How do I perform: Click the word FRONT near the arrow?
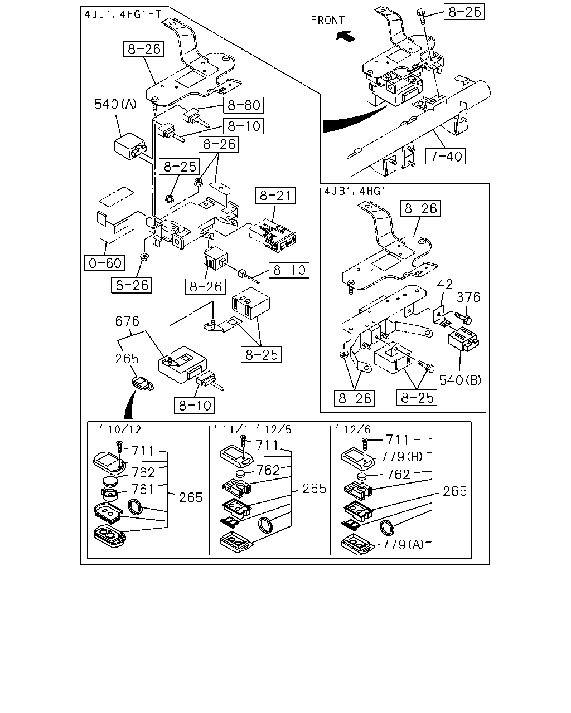(x=327, y=21)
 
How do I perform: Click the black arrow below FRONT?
(x=345, y=36)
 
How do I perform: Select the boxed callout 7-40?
(x=445, y=157)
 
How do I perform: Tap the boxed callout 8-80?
(x=244, y=105)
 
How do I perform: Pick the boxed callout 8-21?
(x=275, y=196)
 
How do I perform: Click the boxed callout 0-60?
(x=105, y=263)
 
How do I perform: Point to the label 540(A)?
(x=115, y=104)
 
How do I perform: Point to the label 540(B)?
(x=460, y=380)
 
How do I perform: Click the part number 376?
(x=468, y=297)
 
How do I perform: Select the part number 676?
(x=127, y=321)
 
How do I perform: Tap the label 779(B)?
(x=401, y=457)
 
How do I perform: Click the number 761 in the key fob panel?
(x=143, y=490)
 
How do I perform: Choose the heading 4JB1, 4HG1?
(x=355, y=192)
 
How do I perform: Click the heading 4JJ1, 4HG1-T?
(x=123, y=14)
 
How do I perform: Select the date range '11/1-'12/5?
(x=253, y=429)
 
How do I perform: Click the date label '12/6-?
(x=357, y=429)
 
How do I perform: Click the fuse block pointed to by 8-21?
(x=272, y=235)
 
